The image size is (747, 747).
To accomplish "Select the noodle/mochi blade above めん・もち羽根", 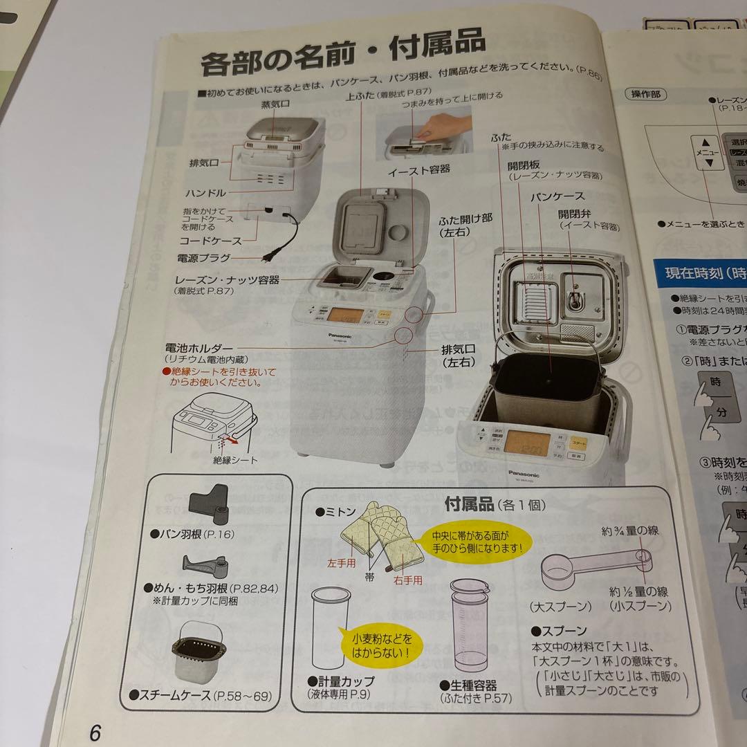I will click(x=203, y=567).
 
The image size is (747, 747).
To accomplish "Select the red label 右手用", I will click(x=407, y=581).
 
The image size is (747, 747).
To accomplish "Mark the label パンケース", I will click(x=557, y=196).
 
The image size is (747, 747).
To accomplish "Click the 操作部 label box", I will click(x=646, y=94).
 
